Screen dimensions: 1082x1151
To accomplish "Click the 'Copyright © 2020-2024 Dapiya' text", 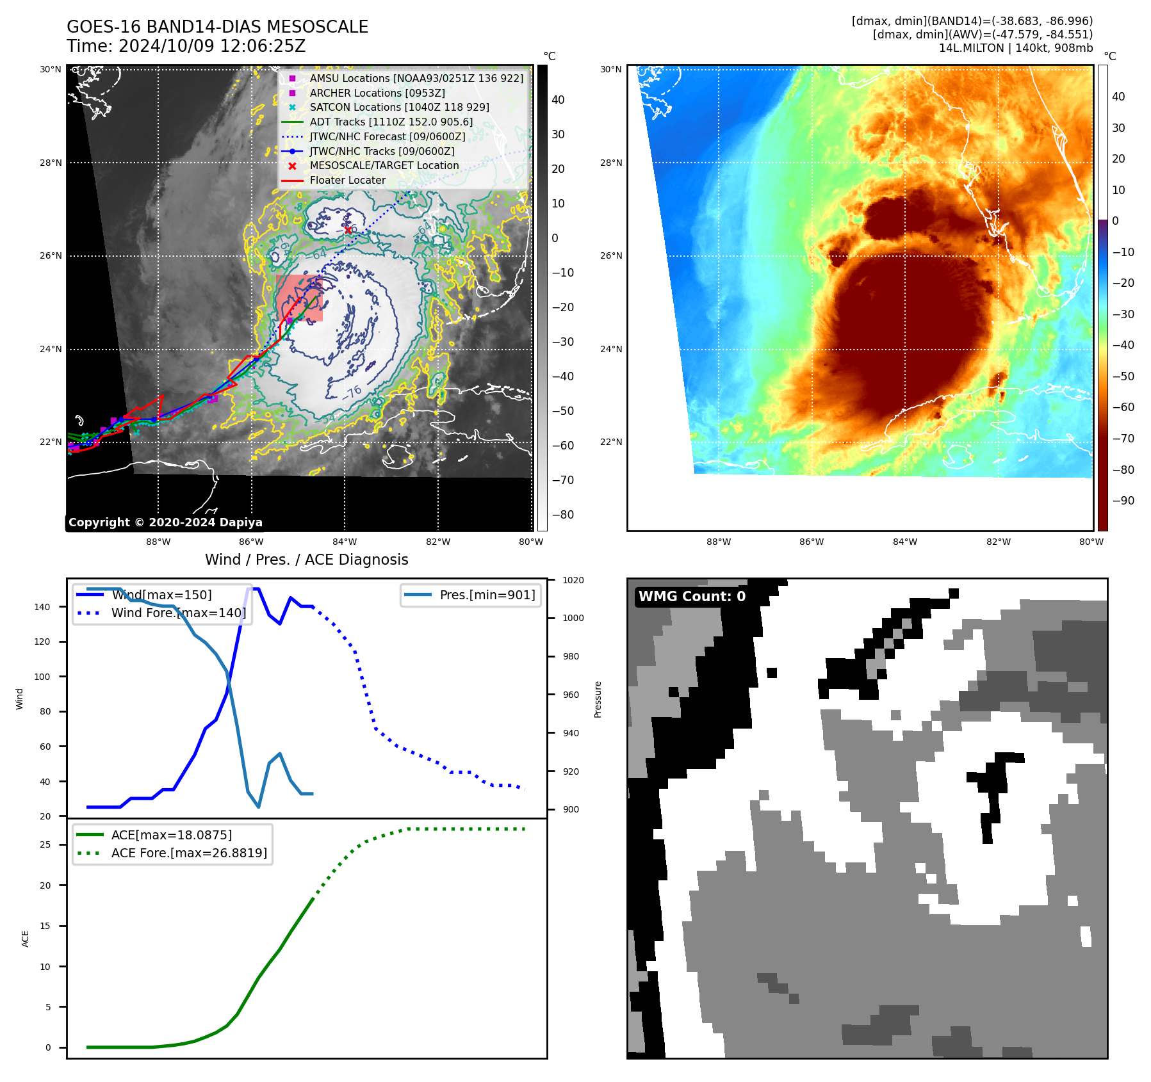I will [x=165, y=522].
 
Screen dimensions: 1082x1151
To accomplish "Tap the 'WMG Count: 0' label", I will [x=692, y=597].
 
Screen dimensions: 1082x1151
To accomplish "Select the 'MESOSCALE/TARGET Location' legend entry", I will [x=384, y=166].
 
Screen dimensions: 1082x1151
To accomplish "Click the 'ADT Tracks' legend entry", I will [x=391, y=122].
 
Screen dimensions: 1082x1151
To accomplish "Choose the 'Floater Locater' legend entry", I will [x=347, y=181].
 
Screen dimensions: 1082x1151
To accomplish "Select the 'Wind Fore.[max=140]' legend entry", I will [x=178, y=613].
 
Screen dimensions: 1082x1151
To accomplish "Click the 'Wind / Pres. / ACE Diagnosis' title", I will [x=306, y=560].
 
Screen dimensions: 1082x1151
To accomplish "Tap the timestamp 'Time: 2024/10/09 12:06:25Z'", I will [x=186, y=47].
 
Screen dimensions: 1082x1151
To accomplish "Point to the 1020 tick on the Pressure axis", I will [x=573, y=581].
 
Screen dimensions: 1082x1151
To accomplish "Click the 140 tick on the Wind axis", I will [x=42, y=607].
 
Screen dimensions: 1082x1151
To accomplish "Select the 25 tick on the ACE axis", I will [x=45, y=845].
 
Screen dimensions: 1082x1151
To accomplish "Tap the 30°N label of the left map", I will [x=51, y=69].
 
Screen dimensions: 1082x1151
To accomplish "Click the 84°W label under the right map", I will [x=904, y=542].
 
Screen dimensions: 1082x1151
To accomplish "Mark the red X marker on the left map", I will [x=348, y=230].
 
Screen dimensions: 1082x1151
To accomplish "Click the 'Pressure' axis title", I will [x=598, y=699].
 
